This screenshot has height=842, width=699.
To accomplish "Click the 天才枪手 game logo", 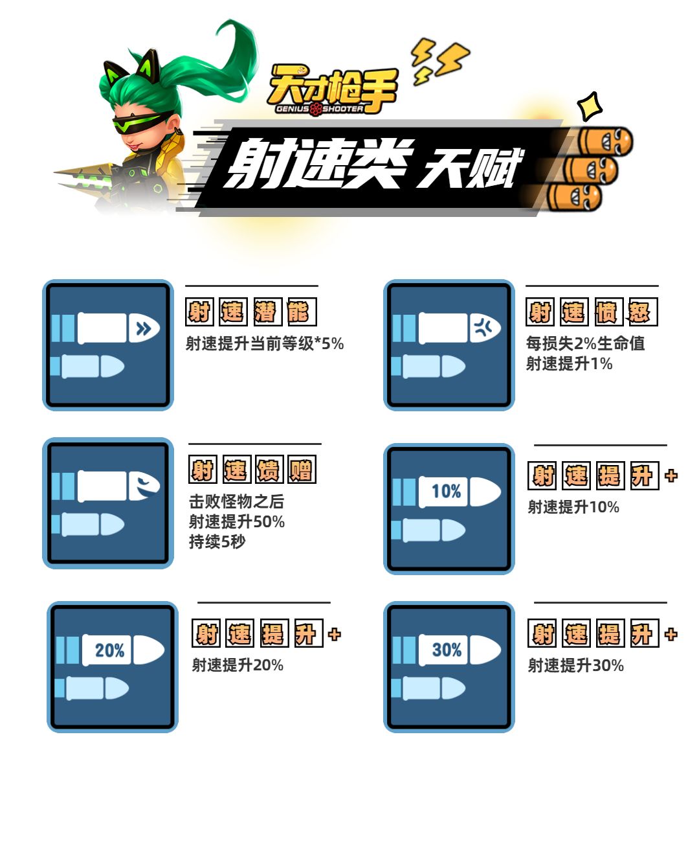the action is tap(333, 90).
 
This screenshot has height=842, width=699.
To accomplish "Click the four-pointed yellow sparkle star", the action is tap(590, 106).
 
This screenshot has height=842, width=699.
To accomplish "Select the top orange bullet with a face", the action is tap(605, 142).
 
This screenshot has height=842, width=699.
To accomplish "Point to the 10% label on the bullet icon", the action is tap(446, 491).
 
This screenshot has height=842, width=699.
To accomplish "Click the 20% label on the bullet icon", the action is tap(109, 650).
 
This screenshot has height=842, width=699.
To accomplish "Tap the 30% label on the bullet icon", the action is tap(447, 650).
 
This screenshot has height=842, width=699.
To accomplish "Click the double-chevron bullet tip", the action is tap(144, 328).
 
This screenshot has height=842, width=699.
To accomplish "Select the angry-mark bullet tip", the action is tap(485, 328).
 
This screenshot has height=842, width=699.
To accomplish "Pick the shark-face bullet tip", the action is tap(144, 486).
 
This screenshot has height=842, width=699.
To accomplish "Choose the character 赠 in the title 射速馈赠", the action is tap(302, 470).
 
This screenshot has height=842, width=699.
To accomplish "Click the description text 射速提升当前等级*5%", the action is tap(265, 344).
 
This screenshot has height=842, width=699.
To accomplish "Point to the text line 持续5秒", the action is tap(217, 541).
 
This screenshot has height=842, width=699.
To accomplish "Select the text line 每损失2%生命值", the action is tap(585, 343).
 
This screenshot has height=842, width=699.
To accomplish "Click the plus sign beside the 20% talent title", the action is tap(335, 634).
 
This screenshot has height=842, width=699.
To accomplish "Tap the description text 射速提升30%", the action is tap(576, 665).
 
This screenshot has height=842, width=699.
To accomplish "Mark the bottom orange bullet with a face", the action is tap(574, 197).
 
